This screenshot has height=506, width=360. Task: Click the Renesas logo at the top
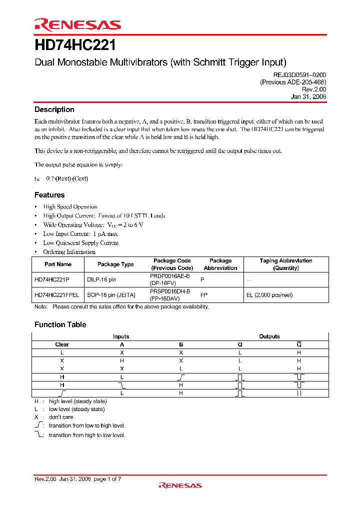pyautogui.click(x=77, y=24)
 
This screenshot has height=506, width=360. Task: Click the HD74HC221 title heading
pyautogui.click(x=75, y=46)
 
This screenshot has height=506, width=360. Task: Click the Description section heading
pyautogui.click(x=54, y=109)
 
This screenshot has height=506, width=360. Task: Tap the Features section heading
pyautogui.click(x=49, y=195)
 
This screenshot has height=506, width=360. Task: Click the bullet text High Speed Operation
pyautogui.click(x=70, y=207)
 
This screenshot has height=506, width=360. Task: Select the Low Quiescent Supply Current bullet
pyautogui.click(x=80, y=243)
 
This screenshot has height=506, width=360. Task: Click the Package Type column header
pyautogui.click(x=115, y=264)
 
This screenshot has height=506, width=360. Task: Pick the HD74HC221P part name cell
pyautogui.click(x=52, y=280)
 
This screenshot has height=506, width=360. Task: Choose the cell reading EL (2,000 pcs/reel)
pyautogui.click(x=269, y=295)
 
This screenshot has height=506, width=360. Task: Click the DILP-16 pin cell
pyautogui.click(x=101, y=280)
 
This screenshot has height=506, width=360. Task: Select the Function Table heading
pyautogui.click(x=60, y=324)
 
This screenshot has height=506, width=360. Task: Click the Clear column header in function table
pyautogui.click(x=62, y=344)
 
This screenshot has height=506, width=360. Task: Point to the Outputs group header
pyautogui.click(x=269, y=336)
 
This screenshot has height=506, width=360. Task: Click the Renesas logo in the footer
pyautogui.click(x=180, y=485)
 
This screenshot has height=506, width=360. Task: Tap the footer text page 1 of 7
pyautogui.click(x=107, y=479)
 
